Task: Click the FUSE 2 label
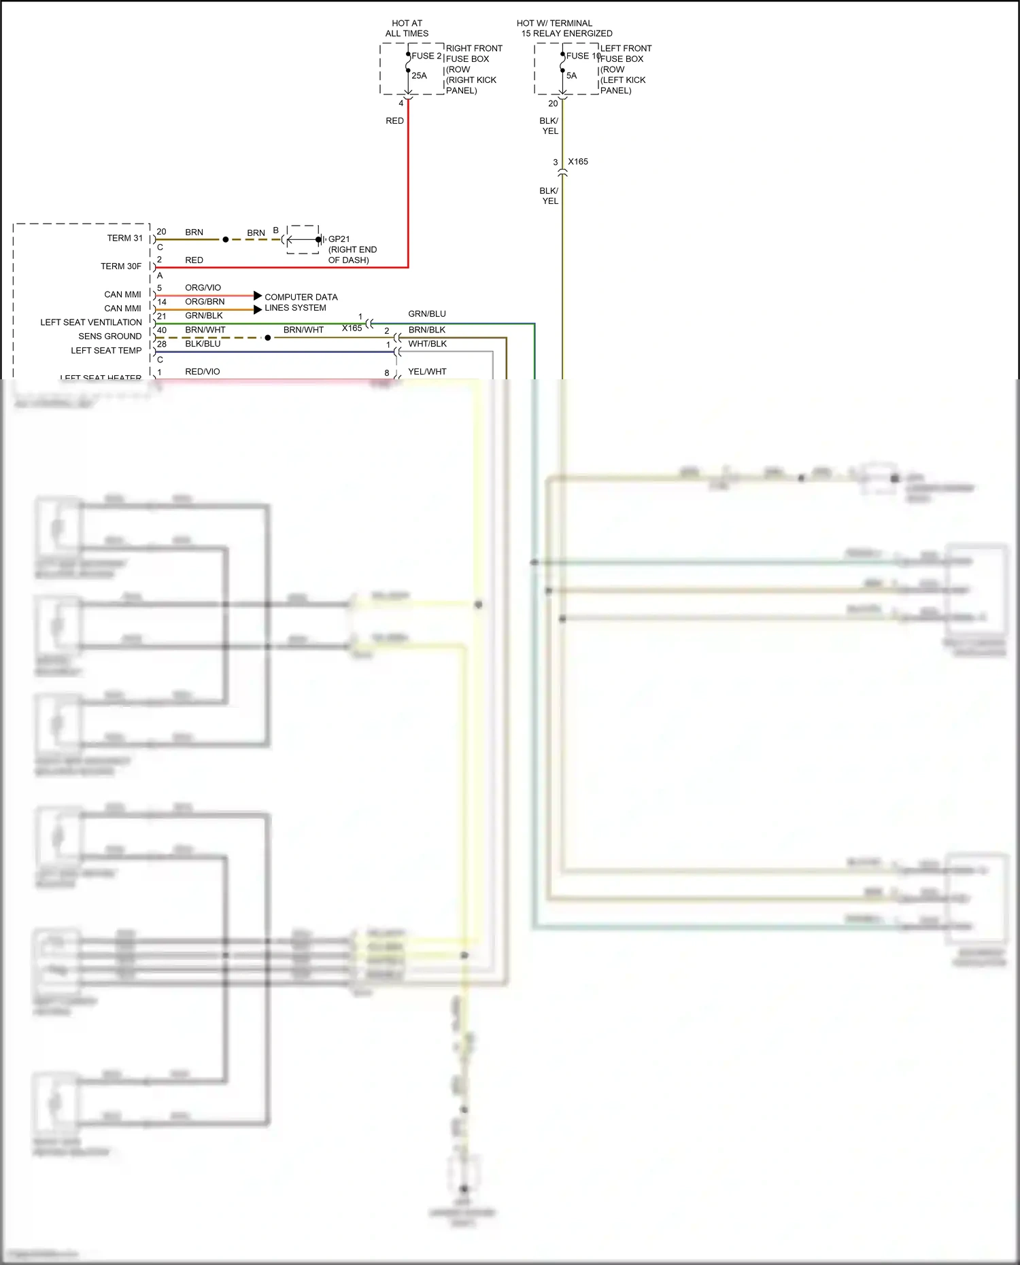tap(426, 56)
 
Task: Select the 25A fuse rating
tap(419, 75)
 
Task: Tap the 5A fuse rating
tap(571, 75)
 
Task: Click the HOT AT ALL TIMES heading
tap(407, 28)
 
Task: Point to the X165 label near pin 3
tap(578, 162)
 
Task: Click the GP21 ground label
tap(339, 239)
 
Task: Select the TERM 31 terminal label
tap(124, 238)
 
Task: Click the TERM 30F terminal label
tap(121, 266)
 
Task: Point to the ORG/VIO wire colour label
tap(203, 288)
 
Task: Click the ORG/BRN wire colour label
tap(205, 302)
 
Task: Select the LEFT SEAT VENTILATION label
tap(91, 322)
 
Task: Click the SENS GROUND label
tap(109, 336)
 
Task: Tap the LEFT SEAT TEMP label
tap(106, 351)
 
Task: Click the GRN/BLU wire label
tap(427, 314)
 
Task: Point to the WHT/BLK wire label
tap(428, 344)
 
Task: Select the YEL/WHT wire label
tap(427, 372)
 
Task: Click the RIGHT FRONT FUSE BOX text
tap(473, 54)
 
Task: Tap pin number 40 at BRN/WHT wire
tap(162, 330)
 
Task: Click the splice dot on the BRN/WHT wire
tap(268, 338)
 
